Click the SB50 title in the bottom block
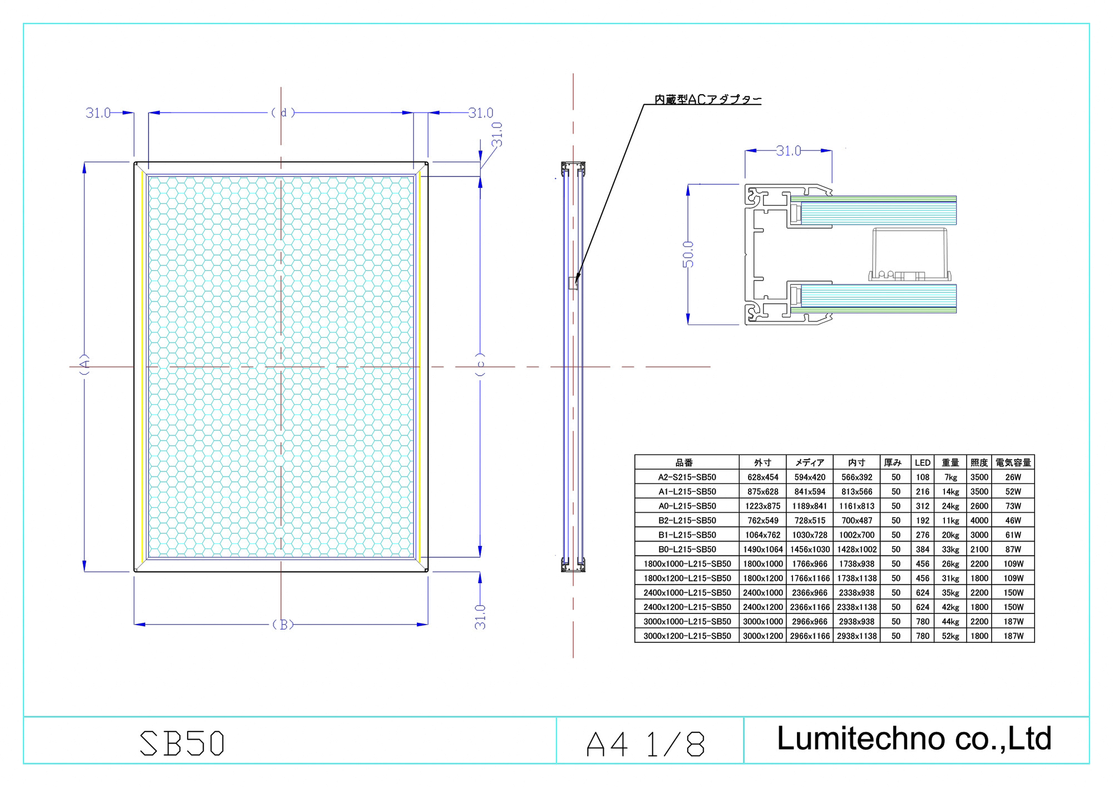click(182, 743)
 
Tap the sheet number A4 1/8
click(646, 744)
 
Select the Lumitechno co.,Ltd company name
click(914, 739)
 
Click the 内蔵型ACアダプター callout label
click(707, 99)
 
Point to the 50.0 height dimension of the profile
click(688, 254)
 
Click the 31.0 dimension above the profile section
click(789, 151)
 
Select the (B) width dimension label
click(283, 624)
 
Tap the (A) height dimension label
click(85, 365)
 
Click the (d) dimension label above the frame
click(283, 112)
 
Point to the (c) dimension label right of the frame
click(480, 365)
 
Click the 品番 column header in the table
click(684, 463)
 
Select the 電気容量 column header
click(1013, 463)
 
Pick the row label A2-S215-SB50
click(687, 477)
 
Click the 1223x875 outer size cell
click(762, 506)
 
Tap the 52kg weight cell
click(950, 636)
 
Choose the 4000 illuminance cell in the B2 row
click(979, 520)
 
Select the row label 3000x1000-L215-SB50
click(687, 621)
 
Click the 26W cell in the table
click(1013, 477)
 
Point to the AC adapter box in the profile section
click(909, 253)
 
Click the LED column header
click(922, 463)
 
